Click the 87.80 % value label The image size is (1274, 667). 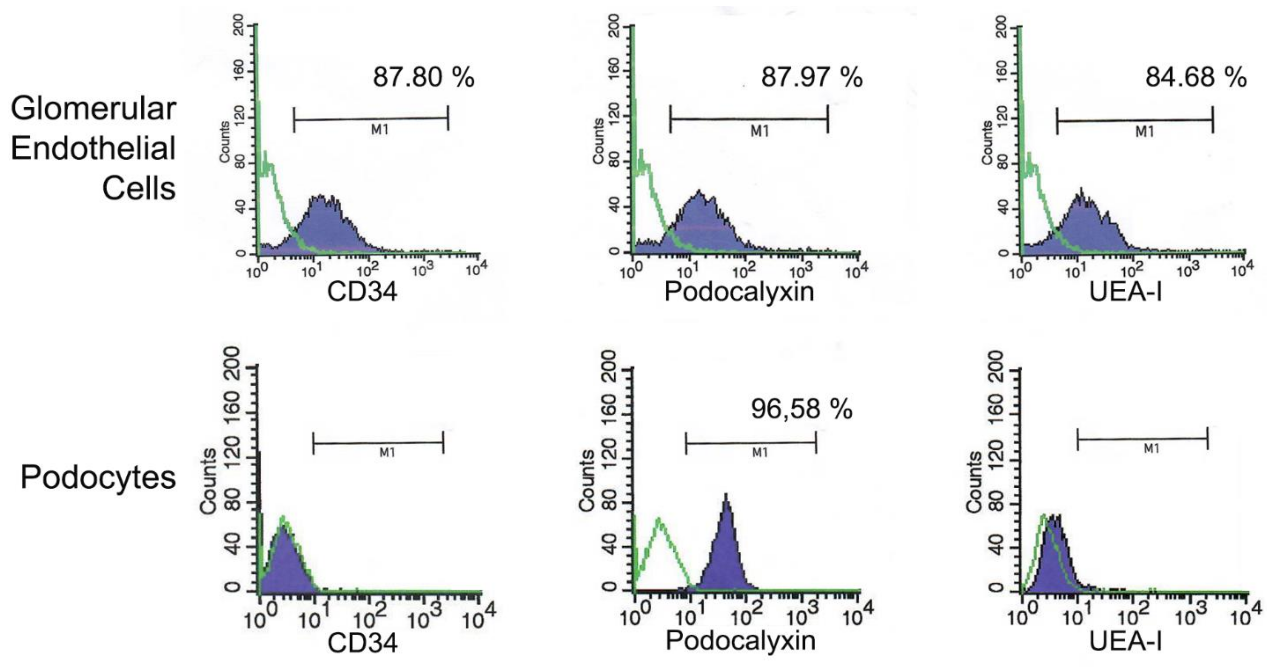[x=423, y=78]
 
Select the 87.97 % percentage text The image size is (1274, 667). [x=811, y=78]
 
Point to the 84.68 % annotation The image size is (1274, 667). [x=1196, y=78]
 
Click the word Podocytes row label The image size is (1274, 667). [x=98, y=478]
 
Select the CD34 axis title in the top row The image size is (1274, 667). [x=362, y=292]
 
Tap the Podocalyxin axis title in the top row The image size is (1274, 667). [x=739, y=292]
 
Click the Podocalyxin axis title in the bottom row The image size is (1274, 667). [x=740, y=641]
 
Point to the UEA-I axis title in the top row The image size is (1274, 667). [x=1126, y=292]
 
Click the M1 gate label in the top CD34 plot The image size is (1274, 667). [x=380, y=130]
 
